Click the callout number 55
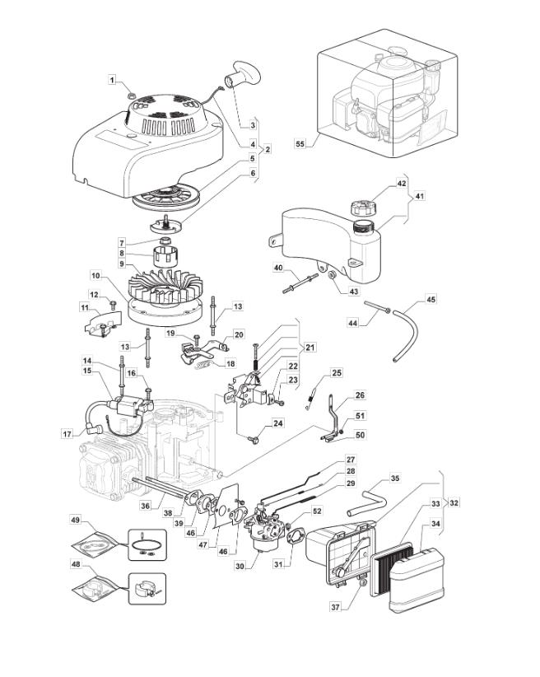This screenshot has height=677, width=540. coord(300,143)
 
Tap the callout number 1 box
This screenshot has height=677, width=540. coord(113,79)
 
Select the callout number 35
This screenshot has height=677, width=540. coord(394,478)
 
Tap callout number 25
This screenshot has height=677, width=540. coord(336,373)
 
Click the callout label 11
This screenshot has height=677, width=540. coord(85,307)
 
